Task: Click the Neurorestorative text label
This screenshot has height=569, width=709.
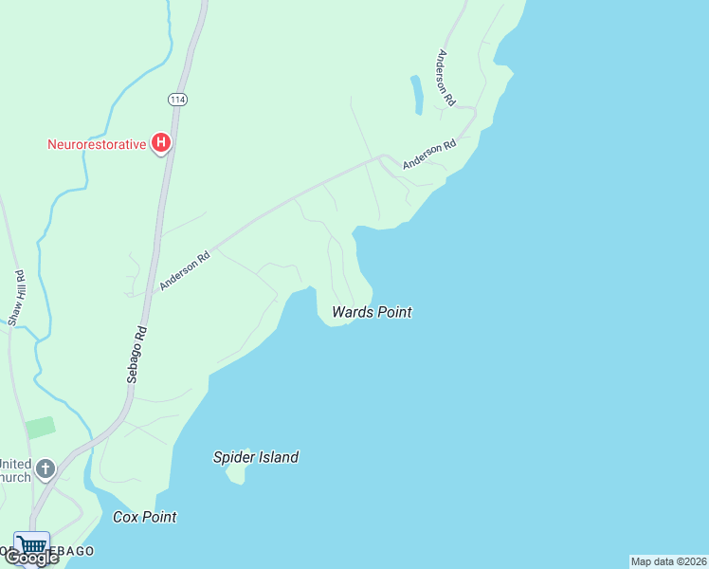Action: tap(97, 144)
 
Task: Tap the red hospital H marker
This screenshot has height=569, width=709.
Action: tap(161, 144)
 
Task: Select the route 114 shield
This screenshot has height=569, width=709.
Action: tap(177, 99)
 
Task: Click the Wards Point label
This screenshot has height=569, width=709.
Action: tap(372, 312)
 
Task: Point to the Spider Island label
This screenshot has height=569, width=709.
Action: tap(255, 457)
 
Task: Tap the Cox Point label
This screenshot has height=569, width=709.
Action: tap(144, 517)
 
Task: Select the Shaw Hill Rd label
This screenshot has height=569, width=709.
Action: tap(16, 299)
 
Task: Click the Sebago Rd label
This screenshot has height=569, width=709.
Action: tap(138, 355)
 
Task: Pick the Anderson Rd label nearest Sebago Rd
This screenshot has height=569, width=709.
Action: tap(185, 270)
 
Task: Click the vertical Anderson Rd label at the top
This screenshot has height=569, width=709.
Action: tap(446, 77)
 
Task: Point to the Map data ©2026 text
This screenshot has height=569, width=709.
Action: tap(668, 561)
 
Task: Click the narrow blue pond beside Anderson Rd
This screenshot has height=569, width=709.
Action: tap(416, 94)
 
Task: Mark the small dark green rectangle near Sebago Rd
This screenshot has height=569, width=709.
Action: tap(41, 428)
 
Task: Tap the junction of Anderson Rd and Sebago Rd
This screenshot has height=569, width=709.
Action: tap(152, 293)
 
